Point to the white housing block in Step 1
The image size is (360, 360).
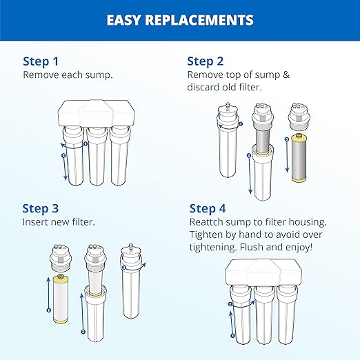click(90, 114)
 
